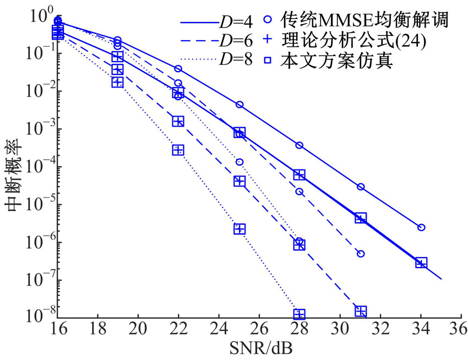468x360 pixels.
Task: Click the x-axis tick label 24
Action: [219, 334]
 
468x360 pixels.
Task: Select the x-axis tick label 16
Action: [57, 334]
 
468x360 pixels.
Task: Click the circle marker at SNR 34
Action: [421, 227]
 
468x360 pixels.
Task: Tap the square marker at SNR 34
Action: [421, 263]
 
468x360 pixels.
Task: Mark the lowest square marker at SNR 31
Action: [361, 312]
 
